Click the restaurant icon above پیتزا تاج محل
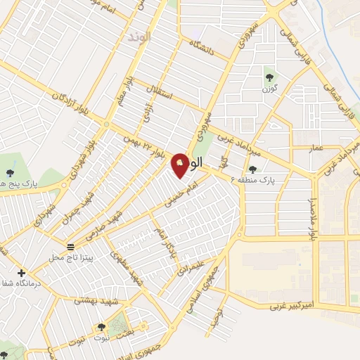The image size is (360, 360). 70,247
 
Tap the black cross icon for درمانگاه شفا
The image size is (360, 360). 21,273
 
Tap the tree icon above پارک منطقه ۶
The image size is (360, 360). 252,169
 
